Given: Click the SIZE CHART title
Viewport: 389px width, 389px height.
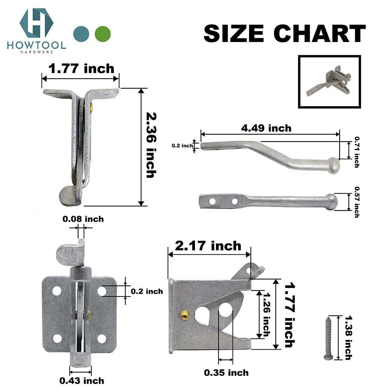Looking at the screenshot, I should [284, 33].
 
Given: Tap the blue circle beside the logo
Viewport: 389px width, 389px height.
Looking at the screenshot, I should [81, 33].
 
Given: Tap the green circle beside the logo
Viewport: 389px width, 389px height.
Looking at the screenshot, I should [103, 33].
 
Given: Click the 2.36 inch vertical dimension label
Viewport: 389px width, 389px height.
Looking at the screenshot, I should [151, 145].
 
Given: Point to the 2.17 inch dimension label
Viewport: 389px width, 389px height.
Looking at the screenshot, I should [208, 246].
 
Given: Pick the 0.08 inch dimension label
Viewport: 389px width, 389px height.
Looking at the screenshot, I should [83, 219].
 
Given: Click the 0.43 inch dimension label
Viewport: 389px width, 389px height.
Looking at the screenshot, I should [81, 380].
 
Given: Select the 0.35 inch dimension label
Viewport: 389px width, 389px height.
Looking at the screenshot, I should [227, 373].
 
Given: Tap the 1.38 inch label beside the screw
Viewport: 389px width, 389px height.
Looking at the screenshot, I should [348, 338].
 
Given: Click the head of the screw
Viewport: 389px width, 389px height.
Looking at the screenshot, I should [326, 356].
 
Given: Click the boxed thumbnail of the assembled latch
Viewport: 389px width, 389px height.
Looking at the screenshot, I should [329, 82].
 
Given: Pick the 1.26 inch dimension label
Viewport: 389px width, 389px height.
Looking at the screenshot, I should [266, 314].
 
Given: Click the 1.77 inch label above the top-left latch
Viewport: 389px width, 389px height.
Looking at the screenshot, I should [81, 69].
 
